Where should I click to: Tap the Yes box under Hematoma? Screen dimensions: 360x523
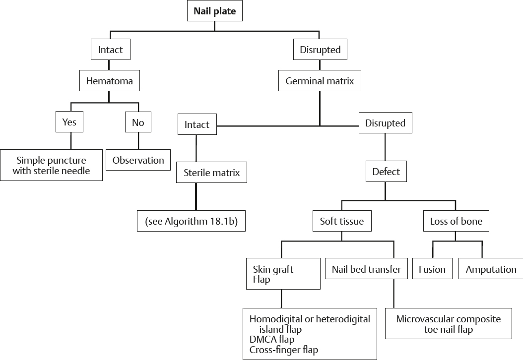click(69, 122)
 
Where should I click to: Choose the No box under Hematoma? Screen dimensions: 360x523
click(137, 122)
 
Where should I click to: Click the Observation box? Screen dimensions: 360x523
click(138, 160)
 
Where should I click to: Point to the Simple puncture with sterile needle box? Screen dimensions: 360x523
click(51, 166)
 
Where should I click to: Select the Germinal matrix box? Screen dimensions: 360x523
click(320, 81)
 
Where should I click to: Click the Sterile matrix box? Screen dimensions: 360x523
click(212, 173)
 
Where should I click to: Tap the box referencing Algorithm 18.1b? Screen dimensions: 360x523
click(192, 222)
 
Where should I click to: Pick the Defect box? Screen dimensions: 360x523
click(386, 172)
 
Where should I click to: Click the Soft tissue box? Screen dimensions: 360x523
click(341, 221)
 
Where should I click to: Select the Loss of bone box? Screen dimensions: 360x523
click(456, 221)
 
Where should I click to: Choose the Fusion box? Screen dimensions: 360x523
click(432, 270)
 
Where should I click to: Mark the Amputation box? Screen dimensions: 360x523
click(491, 270)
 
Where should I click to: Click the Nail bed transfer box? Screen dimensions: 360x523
click(366, 270)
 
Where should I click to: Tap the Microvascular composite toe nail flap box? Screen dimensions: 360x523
click(448, 324)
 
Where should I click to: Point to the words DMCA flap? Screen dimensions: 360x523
click(272, 340)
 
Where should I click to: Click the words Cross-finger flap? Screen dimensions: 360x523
click(283, 350)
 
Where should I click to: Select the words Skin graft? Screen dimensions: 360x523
click(273, 269)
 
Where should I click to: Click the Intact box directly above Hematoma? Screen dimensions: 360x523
click(110, 50)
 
